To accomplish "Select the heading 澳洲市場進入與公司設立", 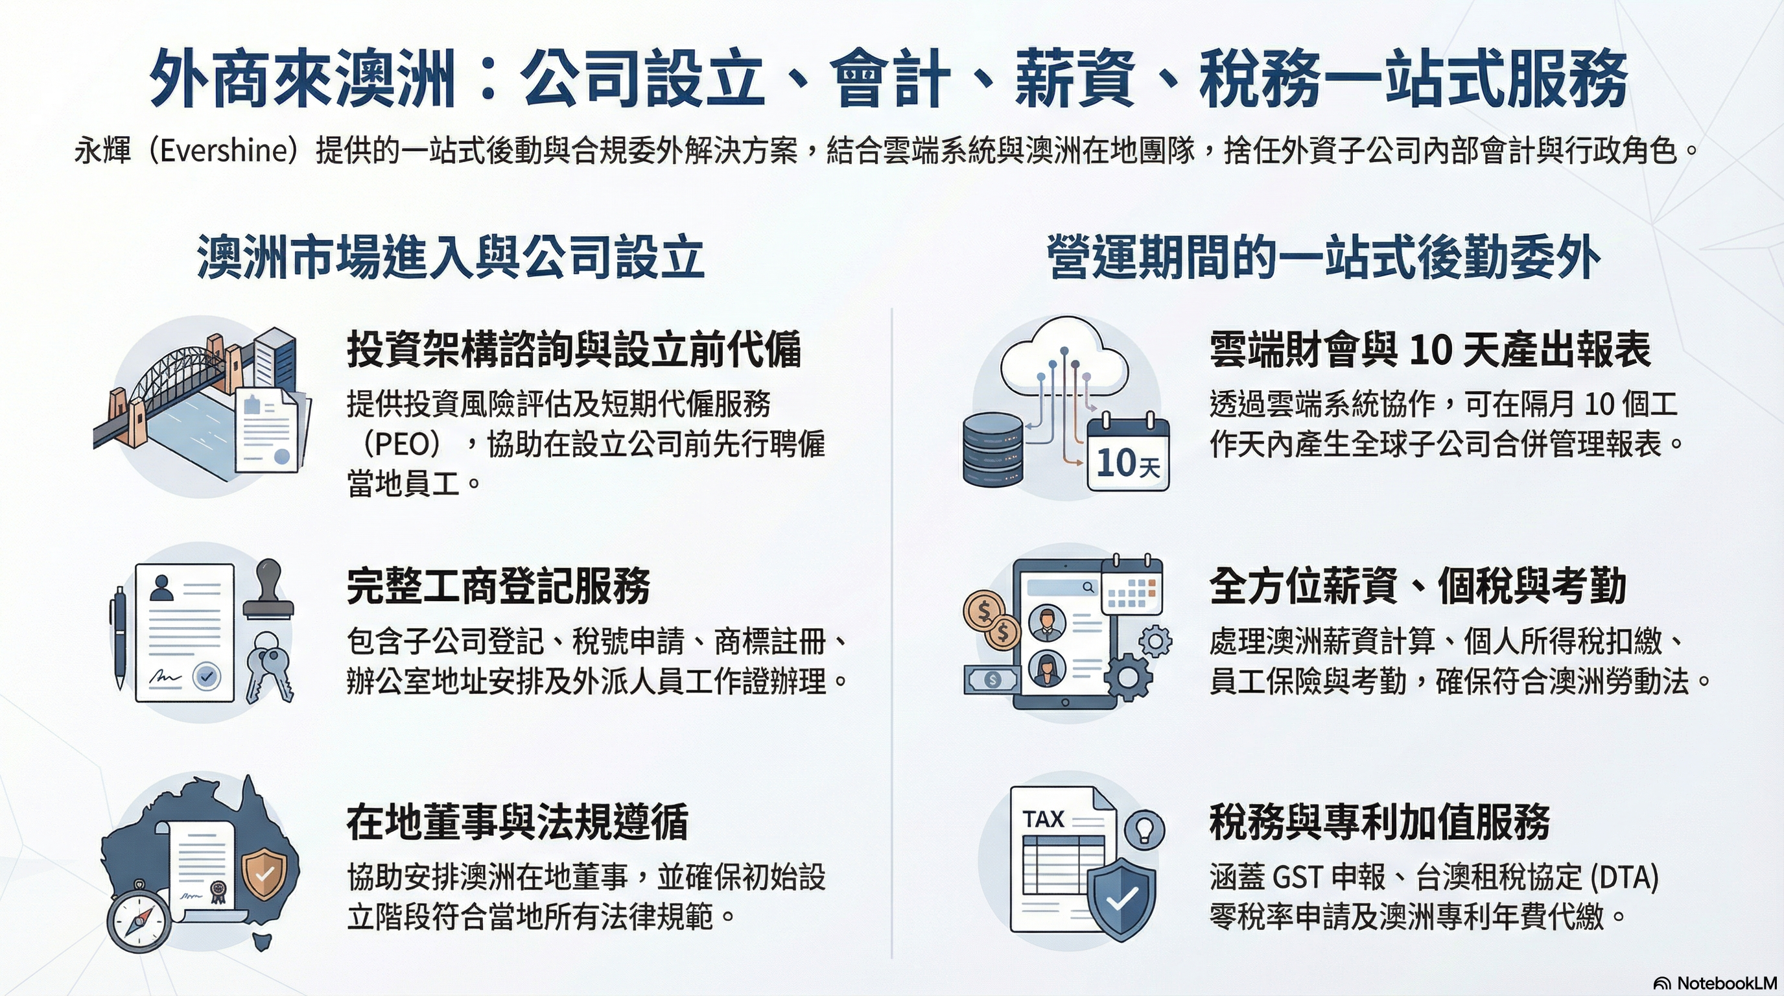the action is (x=451, y=257).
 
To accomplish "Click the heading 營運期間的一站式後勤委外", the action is (x=1324, y=257).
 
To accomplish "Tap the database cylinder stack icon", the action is (x=993, y=449).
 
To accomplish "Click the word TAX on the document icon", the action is (x=1043, y=819).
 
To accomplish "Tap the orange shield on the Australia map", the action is (x=263, y=875).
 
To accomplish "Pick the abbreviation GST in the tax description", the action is (x=1297, y=877).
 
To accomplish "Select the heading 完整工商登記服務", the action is (x=498, y=586).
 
